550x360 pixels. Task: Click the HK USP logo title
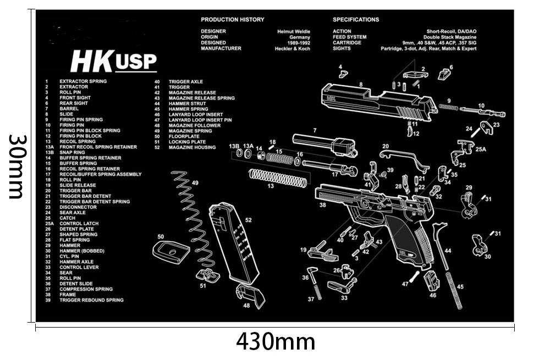[114, 62]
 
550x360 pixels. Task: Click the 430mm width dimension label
[276, 342]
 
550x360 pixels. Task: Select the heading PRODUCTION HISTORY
[233, 20]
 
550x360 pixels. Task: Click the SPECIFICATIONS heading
[356, 20]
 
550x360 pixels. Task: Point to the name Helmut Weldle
[294, 31]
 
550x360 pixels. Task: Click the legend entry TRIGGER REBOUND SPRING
[91, 300]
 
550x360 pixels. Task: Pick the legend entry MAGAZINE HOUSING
[192, 147]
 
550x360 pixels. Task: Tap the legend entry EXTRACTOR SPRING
[83, 81]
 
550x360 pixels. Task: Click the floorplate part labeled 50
[170, 252]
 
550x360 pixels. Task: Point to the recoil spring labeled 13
[278, 178]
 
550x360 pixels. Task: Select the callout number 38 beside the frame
[322, 205]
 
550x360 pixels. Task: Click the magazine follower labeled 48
[250, 295]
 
